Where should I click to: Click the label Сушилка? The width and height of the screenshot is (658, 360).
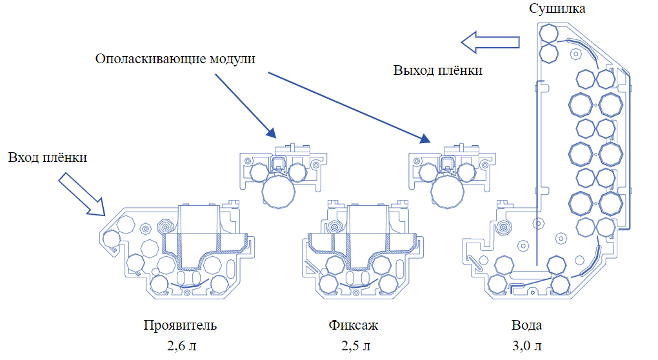tap(557, 9)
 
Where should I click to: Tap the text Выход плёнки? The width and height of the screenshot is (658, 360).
tap(438, 70)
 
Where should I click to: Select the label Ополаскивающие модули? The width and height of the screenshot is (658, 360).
tap(175, 59)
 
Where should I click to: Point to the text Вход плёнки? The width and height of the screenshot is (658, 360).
tap(48, 157)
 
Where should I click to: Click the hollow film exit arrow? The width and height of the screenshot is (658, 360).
tap(490, 42)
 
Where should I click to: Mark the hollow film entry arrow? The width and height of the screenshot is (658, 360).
tap(81, 195)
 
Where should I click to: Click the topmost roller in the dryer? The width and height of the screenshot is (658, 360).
tap(549, 32)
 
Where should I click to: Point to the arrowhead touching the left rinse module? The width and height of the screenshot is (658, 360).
tap(270, 133)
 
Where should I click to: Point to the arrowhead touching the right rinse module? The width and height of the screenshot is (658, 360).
tap(423, 139)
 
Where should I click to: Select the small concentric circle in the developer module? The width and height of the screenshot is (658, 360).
tap(165, 227)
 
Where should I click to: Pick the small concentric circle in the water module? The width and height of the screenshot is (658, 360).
tap(503, 226)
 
